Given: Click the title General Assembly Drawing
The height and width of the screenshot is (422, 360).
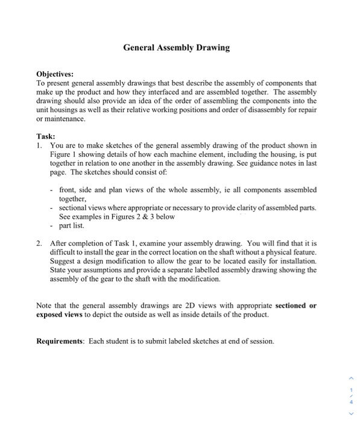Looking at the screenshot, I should point(176,48).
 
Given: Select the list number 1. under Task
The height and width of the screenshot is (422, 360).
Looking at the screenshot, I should point(39,145).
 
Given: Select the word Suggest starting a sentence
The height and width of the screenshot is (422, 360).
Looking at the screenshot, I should point(65,262).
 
